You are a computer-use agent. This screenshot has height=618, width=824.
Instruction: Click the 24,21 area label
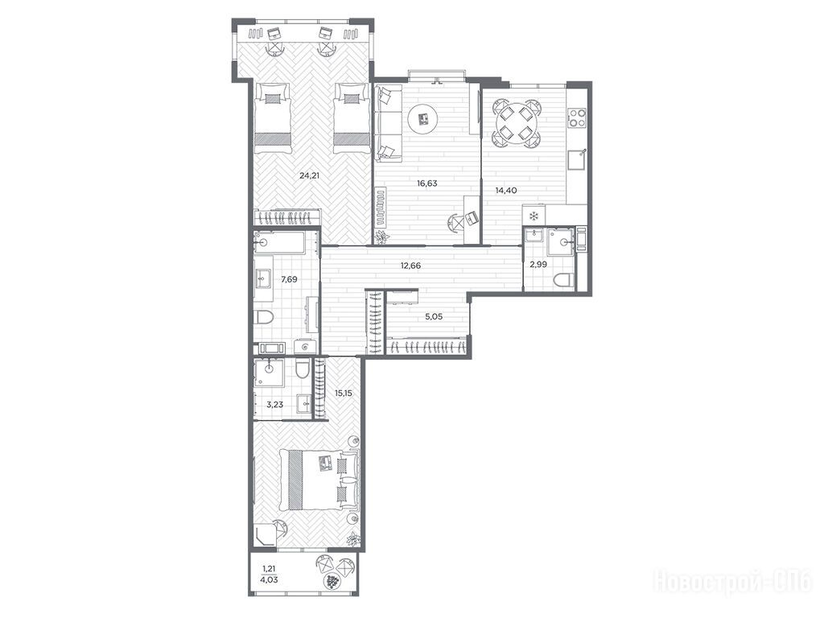click(x=310, y=175)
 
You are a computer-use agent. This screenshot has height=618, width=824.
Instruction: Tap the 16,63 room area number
click(x=427, y=183)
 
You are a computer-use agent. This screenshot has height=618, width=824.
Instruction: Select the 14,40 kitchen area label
click(x=506, y=190)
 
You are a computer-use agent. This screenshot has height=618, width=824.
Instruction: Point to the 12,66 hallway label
click(x=410, y=266)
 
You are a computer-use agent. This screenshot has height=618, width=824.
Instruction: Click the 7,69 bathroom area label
click(x=289, y=279)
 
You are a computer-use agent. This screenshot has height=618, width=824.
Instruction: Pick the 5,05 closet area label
click(x=434, y=316)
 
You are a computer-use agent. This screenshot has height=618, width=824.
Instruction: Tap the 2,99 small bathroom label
click(x=538, y=264)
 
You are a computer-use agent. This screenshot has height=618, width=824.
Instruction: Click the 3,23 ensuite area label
click(x=275, y=404)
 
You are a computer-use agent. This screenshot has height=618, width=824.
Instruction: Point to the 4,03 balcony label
click(x=269, y=580)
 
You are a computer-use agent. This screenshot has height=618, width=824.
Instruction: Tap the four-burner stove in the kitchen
click(x=577, y=117)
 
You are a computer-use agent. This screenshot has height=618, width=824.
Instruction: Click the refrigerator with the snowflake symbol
click(x=534, y=216)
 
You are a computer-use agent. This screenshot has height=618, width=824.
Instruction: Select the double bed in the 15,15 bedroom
click(x=319, y=480)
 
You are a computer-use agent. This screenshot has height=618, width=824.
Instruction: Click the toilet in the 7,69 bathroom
click(x=264, y=317)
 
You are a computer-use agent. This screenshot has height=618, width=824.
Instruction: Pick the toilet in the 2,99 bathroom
click(x=562, y=280)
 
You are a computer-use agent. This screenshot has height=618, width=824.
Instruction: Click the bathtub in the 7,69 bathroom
click(x=279, y=242)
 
